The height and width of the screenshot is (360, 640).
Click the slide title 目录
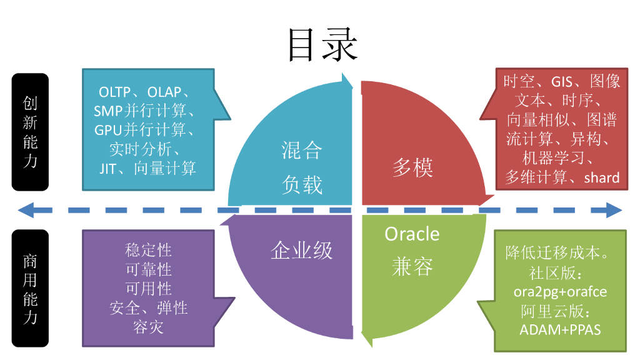[322, 45]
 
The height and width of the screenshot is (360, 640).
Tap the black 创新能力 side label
[30, 132]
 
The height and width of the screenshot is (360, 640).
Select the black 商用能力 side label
[30, 288]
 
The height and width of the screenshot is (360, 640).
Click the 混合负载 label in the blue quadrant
[301, 167]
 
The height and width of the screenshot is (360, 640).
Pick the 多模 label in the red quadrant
[412, 167]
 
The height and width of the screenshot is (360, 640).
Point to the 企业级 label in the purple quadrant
[301, 251]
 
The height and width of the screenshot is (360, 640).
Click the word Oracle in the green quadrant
[412, 234]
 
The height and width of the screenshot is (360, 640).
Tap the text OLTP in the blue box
[115, 92]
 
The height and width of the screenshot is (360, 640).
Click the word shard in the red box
[601, 178]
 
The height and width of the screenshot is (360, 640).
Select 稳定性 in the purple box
[148, 251]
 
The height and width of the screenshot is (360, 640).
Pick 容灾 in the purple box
[148, 327]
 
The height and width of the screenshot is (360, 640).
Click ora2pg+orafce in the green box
[560, 292]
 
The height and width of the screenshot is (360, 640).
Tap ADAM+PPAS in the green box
[560, 329]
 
